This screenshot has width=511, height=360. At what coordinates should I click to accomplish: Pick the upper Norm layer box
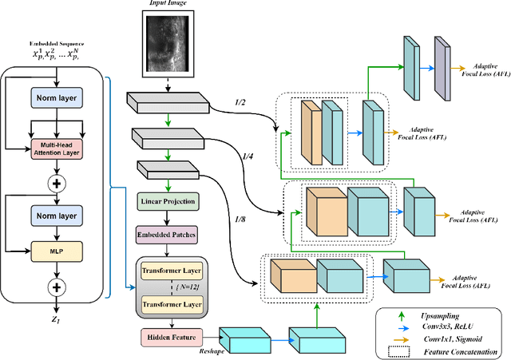click(57, 99)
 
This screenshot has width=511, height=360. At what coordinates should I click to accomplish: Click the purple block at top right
click(441, 63)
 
